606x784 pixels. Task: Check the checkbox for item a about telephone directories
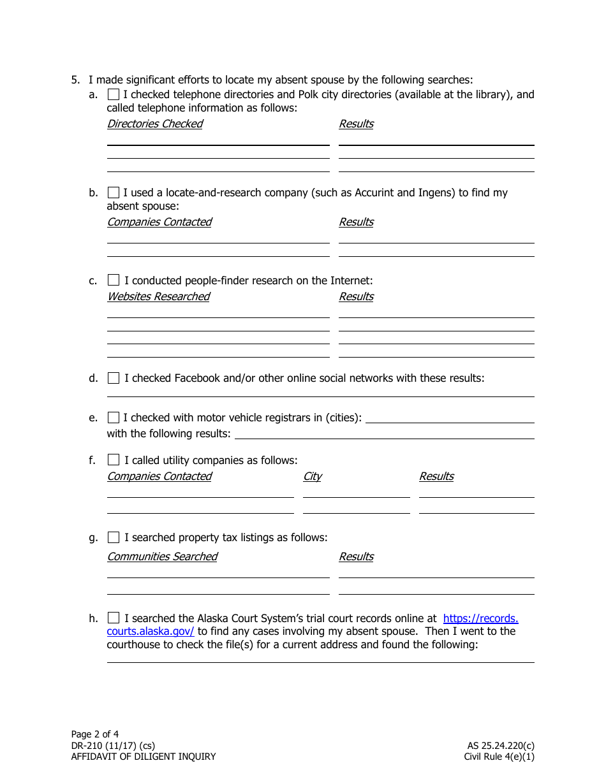tap(113, 94)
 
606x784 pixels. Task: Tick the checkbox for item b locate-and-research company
tap(113, 192)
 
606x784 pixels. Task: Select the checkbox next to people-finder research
tap(113, 280)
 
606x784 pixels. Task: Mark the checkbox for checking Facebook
tap(113, 378)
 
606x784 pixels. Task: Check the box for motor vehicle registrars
tap(113, 417)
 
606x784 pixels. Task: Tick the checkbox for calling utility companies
tap(113, 460)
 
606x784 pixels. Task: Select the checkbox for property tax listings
tap(113, 537)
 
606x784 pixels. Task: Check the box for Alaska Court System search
tap(113, 618)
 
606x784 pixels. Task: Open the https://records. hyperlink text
tap(480, 618)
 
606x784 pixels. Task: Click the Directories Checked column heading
tap(154, 124)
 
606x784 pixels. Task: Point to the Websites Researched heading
tap(158, 296)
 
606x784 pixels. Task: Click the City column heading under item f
tap(312, 476)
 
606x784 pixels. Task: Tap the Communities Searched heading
tap(162, 556)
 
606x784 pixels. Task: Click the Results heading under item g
tap(356, 556)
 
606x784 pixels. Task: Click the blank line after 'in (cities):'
tap(450, 418)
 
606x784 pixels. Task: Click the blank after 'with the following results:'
tap(385, 434)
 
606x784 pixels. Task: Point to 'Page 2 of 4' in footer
tap(95, 734)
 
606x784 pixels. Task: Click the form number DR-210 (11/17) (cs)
tap(113, 745)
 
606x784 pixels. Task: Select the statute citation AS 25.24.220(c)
tap(500, 745)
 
